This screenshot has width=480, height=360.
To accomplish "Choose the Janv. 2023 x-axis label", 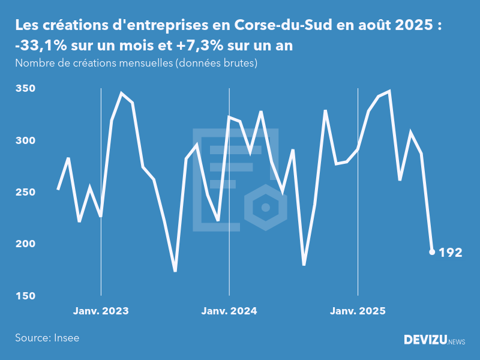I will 101,311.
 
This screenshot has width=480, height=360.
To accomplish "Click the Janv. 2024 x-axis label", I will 229,311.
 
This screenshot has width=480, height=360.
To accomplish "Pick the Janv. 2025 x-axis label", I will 358,311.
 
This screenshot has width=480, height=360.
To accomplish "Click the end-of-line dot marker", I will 432,252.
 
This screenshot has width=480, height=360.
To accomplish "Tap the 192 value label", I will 450,253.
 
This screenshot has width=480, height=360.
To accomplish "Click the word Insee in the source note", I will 66,338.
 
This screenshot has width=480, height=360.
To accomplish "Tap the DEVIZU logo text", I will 425,340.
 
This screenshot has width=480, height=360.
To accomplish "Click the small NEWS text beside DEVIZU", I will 457,342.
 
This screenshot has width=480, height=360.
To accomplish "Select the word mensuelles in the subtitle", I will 145,63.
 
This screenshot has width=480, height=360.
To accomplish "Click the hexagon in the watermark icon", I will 265,208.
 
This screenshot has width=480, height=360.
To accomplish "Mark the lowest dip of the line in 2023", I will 175,271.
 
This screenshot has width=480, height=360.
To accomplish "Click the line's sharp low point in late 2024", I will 304,265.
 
